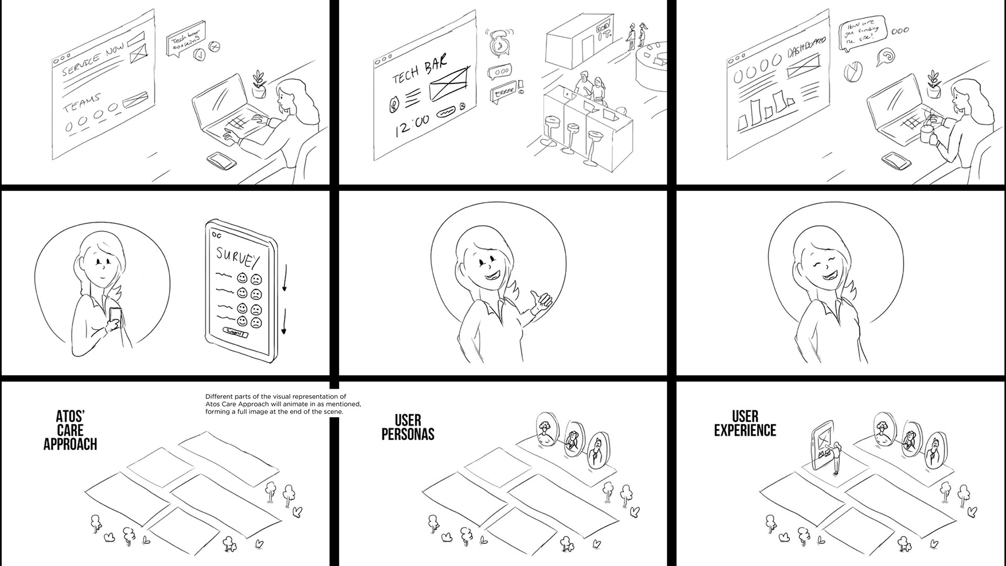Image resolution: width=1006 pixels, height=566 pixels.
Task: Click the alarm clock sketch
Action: [499, 43]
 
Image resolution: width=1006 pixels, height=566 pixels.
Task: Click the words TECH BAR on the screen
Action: [420, 70]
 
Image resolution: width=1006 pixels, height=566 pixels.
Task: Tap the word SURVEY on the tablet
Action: [238, 257]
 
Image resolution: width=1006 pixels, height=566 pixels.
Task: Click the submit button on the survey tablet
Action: [234, 332]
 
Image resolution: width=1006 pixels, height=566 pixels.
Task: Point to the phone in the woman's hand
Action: [115, 316]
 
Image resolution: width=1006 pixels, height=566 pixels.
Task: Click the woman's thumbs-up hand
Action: [542, 302]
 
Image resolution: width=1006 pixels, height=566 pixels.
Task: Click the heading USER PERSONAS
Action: [408, 427]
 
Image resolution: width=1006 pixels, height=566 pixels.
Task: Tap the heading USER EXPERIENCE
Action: [745, 424]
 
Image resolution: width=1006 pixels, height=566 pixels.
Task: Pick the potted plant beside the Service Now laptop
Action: [258, 84]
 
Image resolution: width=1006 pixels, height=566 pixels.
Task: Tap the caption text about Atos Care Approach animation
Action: [283, 404]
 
